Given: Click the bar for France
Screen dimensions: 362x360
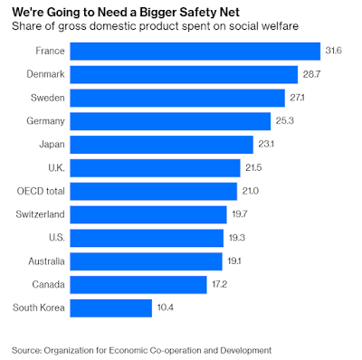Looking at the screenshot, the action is (195, 52).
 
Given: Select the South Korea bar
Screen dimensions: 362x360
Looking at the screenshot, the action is (111, 308).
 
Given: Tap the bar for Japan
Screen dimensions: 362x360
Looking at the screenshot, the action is (162, 145).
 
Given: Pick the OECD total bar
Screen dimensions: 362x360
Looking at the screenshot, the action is (154, 192).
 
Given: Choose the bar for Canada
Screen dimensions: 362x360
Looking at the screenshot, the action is (138, 285).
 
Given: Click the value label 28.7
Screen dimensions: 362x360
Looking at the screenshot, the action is (311, 74).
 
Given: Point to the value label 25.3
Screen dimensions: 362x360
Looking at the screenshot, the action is (285, 121).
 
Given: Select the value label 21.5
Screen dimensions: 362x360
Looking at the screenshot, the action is (253, 167).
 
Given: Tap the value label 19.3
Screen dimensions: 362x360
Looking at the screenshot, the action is (237, 238).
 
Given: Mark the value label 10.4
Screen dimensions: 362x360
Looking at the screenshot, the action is (166, 308).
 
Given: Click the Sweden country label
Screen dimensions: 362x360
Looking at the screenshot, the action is (48, 98).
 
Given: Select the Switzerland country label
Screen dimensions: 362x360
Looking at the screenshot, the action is (40, 214).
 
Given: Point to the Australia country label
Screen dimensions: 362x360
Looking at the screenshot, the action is (46, 261).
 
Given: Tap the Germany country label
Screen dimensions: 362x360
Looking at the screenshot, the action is (45, 121).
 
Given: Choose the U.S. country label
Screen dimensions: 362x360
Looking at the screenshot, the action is (57, 238).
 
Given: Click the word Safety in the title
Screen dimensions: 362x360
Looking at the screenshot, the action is (198, 13).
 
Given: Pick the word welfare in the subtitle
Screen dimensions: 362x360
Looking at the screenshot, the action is (277, 26).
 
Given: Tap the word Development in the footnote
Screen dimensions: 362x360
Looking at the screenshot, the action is (246, 351).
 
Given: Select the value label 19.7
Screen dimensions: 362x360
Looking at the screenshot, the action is (240, 214).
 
